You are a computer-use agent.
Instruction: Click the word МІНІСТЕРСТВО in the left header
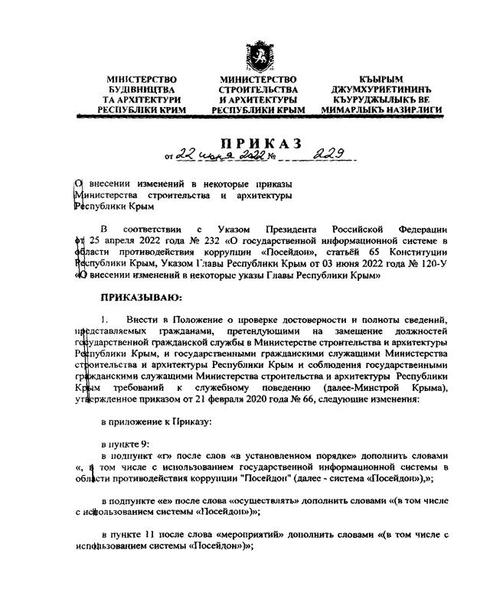(x=142, y=80)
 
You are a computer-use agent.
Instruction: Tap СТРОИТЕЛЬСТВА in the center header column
(x=257, y=90)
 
